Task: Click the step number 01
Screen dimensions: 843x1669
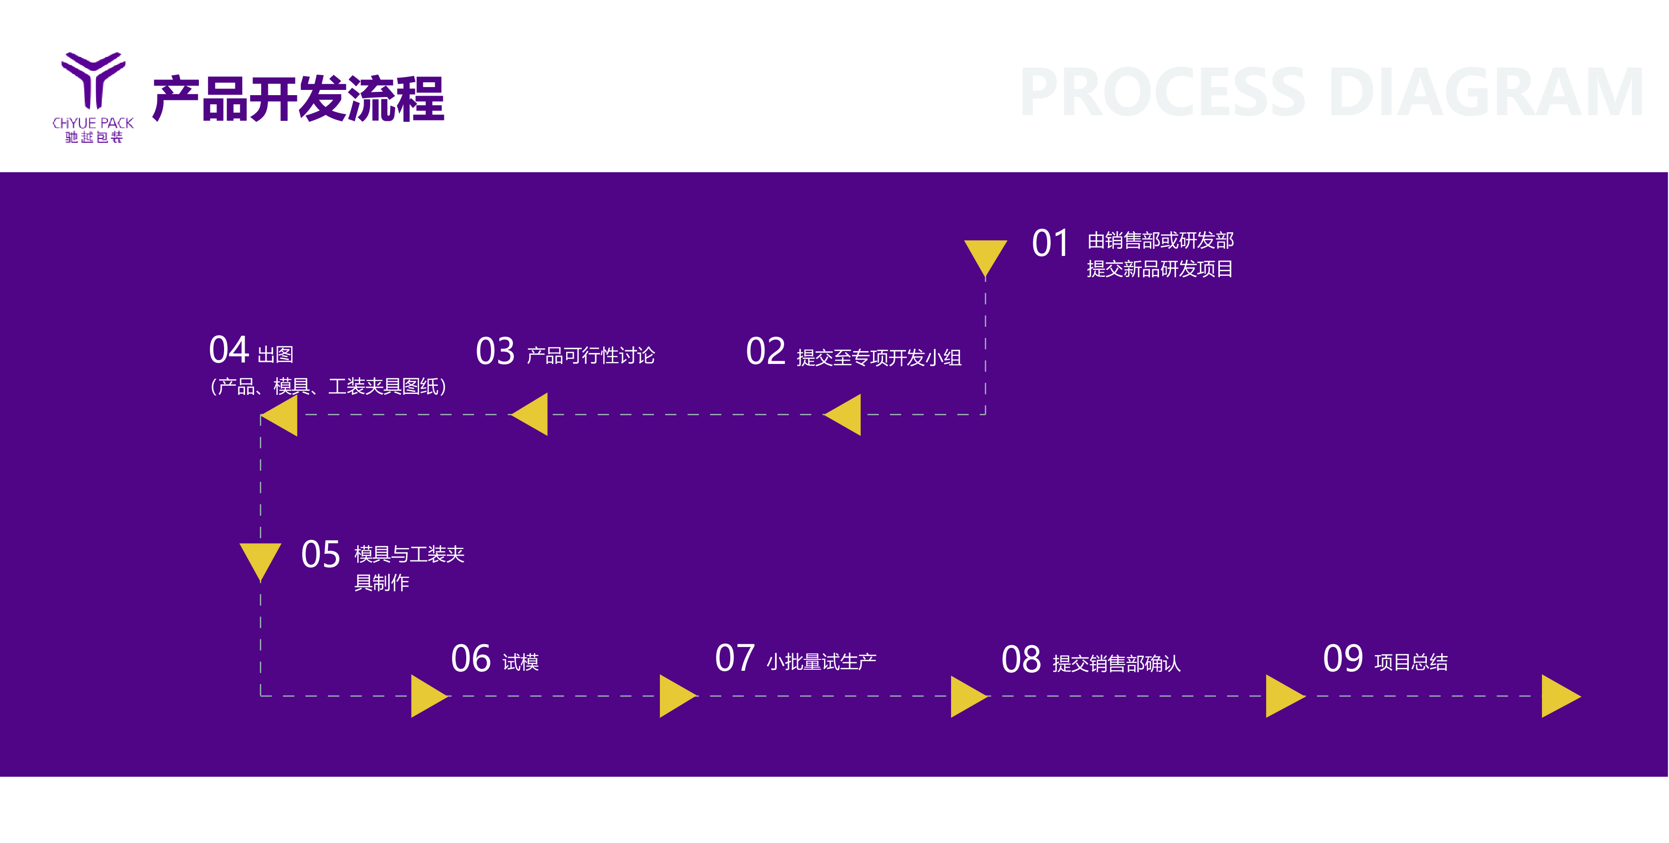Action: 1050,244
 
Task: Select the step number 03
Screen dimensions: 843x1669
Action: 495,352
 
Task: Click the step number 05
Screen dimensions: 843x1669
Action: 321,555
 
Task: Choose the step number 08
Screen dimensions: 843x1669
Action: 1021,660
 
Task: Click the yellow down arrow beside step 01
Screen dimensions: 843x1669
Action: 985,256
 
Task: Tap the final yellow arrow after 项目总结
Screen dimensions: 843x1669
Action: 1560,696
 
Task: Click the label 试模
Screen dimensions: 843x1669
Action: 520,662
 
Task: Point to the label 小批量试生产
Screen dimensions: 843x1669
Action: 821,662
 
